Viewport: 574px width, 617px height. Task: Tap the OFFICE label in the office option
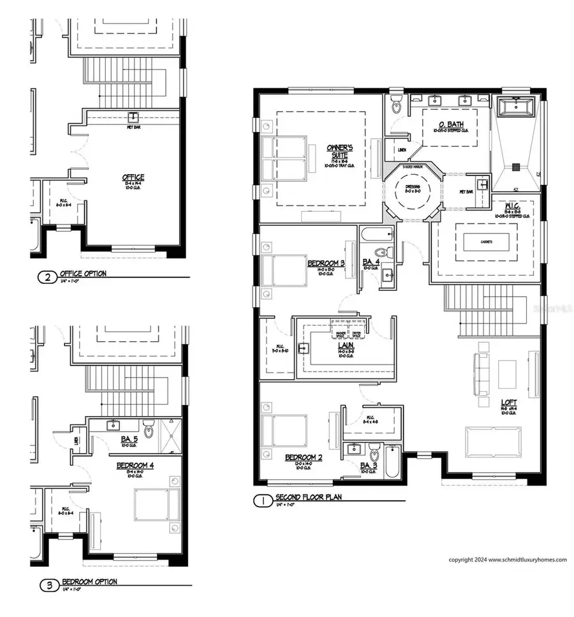point(133,177)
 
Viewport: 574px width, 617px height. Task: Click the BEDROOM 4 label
point(135,466)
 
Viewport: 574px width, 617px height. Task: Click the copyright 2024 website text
point(507,560)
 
